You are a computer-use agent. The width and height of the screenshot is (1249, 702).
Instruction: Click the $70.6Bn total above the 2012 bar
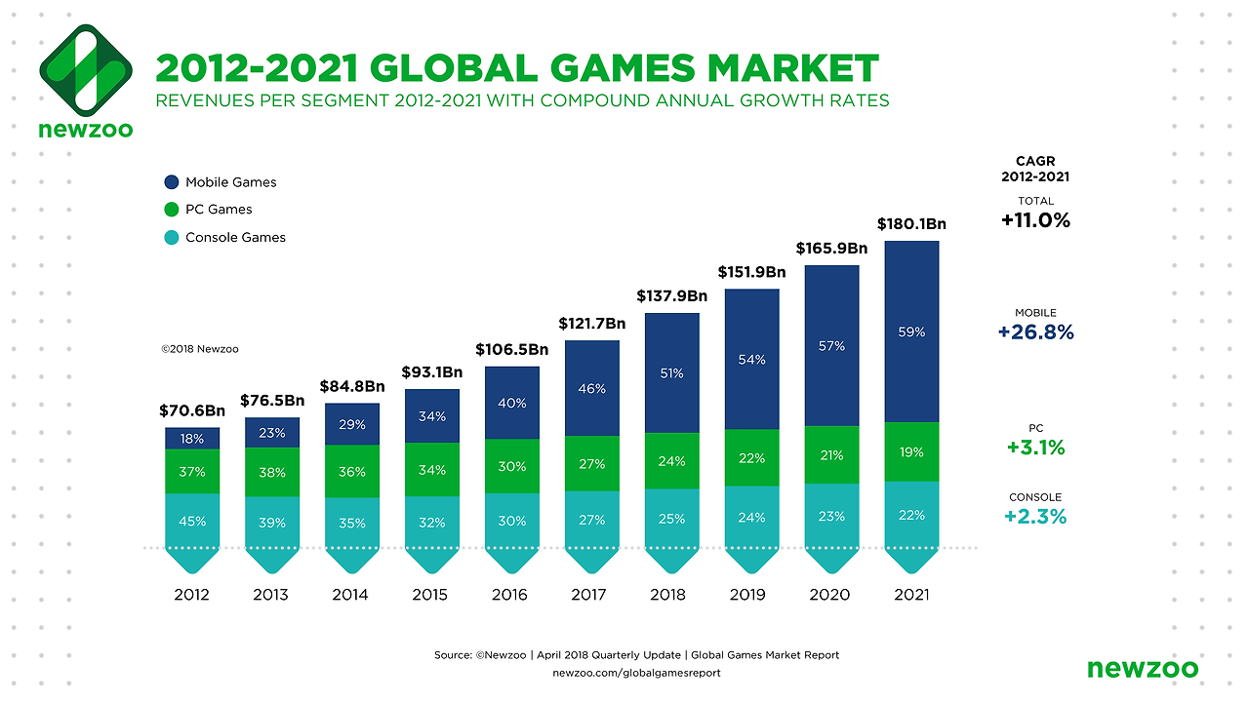(x=191, y=411)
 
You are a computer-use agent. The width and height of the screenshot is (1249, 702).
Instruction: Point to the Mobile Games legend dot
(x=172, y=182)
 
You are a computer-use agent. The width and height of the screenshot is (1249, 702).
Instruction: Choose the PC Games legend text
(x=219, y=210)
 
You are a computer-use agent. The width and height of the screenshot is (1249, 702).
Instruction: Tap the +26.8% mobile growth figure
(x=1035, y=332)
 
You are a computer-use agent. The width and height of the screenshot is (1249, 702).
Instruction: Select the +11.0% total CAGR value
(x=1035, y=220)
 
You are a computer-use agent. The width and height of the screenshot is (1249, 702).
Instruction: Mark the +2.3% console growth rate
(x=1035, y=517)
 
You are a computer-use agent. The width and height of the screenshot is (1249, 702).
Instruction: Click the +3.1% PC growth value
(x=1035, y=448)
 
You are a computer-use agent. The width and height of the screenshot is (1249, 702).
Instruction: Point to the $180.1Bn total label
(x=911, y=224)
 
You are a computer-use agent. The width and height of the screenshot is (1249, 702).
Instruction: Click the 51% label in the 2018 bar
(x=671, y=373)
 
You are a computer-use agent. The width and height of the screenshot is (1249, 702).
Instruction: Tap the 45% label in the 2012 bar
(x=192, y=522)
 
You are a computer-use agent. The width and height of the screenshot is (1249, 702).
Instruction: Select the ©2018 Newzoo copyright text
(x=200, y=349)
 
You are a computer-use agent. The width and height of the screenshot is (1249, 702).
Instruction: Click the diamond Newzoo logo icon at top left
(x=85, y=67)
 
